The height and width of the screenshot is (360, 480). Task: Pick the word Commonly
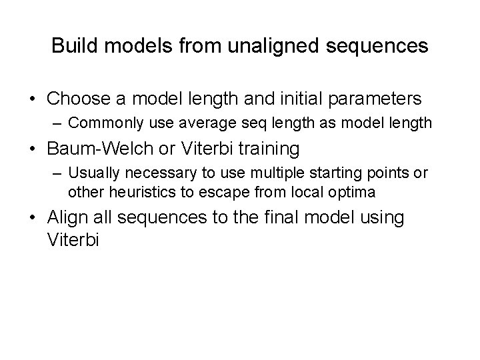(x=99, y=123)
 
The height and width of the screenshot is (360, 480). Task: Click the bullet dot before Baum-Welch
(x=33, y=148)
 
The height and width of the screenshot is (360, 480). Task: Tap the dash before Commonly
(x=57, y=123)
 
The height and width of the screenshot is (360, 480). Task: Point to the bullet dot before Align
(x=33, y=219)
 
